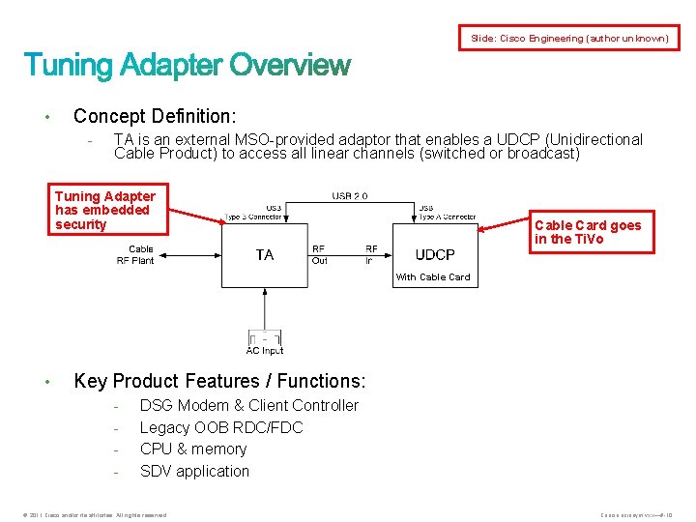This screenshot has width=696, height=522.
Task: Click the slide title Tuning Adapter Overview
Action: click(187, 66)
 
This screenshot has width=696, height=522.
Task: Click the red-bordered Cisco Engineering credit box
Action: click(569, 38)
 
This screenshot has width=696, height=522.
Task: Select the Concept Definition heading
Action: click(154, 116)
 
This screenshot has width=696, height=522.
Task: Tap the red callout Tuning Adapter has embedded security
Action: click(105, 210)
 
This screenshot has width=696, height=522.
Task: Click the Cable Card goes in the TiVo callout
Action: click(588, 232)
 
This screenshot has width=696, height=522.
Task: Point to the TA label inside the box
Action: click(265, 255)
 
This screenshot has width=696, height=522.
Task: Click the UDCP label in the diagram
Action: click(435, 255)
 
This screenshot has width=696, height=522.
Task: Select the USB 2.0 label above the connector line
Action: click(350, 196)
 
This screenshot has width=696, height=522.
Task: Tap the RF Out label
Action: click(320, 255)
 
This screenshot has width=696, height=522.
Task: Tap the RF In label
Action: click(371, 255)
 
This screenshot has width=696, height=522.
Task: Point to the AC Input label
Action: click(265, 351)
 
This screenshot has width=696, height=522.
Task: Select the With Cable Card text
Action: click(433, 277)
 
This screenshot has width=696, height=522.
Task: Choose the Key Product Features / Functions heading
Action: click(220, 381)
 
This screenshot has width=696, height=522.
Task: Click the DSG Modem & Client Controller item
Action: click(248, 405)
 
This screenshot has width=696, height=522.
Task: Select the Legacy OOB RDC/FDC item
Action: click(221, 427)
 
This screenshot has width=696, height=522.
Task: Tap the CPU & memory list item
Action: click(193, 449)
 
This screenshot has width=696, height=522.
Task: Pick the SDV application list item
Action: click(194, 471)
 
